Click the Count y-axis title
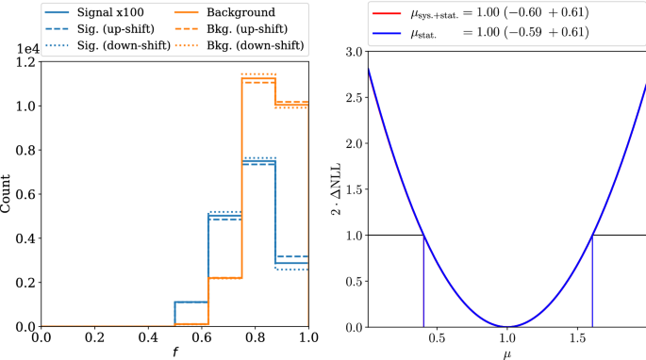pos(8,194)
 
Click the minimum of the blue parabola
pos(507,326)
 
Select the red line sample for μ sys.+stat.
pos(386,13)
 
